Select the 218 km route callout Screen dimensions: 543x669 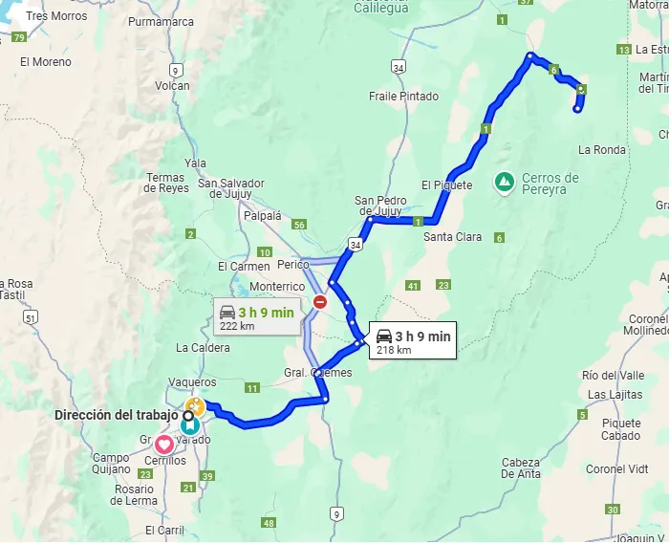click(413, 341)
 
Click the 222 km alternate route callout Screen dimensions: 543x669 click(255, 317)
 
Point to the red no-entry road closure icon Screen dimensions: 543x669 click(320, 302)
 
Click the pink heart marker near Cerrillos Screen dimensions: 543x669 click(164, 444)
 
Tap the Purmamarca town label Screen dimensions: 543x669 click(160, 20)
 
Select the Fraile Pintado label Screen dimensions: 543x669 click(404, 97)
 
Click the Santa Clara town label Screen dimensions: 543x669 click(453, 237)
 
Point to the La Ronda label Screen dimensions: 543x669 click(602, 150)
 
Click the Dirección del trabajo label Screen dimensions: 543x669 click(117, 415)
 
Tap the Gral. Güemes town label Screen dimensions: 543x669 click(317, 373)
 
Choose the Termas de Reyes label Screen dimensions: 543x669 click(167, 183)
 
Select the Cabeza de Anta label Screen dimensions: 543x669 click(521, 468)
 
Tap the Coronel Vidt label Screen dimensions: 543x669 click(617, 469)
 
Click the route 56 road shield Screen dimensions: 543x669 click(300, 225)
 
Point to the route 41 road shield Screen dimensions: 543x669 click(413, 285)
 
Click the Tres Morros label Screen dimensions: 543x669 click(56, 16)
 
